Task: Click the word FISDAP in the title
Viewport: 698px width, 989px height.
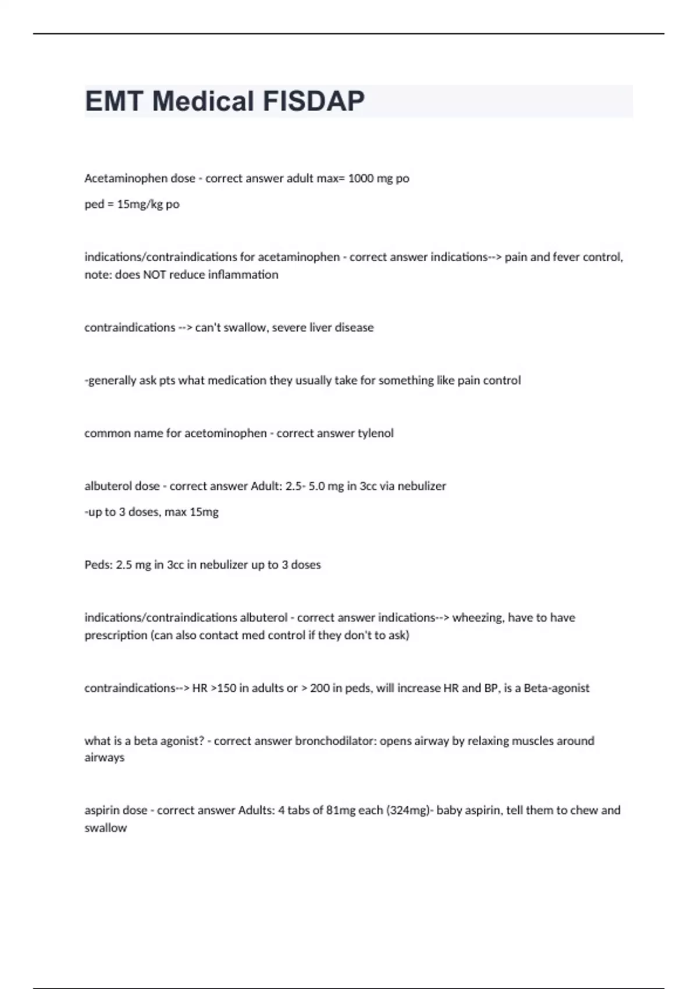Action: point(314,101)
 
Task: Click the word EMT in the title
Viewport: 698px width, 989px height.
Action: point(114,101)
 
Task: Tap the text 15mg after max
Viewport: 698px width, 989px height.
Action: point(204,512)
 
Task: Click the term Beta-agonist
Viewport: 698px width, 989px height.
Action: point(557,688)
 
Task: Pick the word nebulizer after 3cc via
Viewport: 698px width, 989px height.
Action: point(422,486)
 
